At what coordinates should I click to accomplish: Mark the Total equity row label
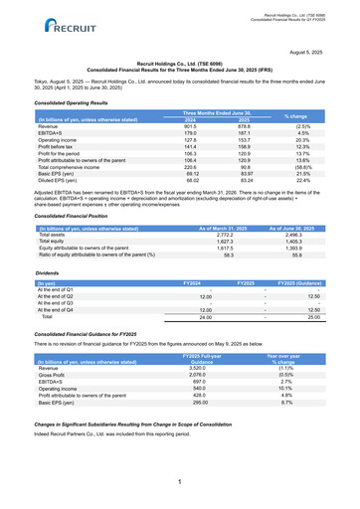50,242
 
